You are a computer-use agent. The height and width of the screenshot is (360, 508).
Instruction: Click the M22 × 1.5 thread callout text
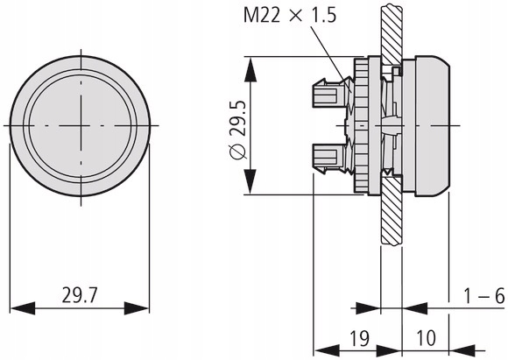pos(290,15)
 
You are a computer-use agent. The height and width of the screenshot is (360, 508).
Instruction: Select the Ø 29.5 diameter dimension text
pos(238,131)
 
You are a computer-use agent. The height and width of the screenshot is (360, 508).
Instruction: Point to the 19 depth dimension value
pos(360,338)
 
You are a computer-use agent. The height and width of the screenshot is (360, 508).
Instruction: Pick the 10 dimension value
pos(426,338)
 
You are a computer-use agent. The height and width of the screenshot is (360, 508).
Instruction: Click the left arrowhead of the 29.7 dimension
pos(23,308)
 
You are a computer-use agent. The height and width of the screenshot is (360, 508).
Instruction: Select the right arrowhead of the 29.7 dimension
pos(137,308)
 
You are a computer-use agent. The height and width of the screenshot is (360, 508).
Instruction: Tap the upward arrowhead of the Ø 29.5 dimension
pos(250,69)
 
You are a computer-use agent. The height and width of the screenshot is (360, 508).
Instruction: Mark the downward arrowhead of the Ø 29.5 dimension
pos(250,182)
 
